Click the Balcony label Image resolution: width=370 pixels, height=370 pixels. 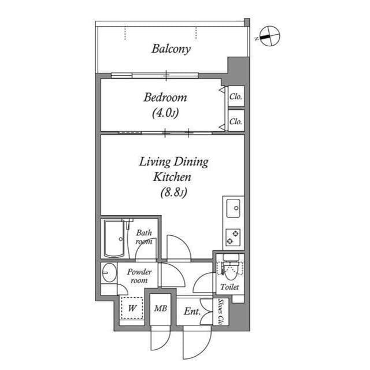point(171,49)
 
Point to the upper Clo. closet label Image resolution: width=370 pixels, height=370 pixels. point(235,97)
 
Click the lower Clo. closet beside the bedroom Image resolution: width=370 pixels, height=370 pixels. point(235,121)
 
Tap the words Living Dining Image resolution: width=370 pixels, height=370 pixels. point(173,162)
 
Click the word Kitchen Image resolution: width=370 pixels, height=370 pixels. point(172,177)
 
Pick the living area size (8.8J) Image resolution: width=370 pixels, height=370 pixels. point(172,193)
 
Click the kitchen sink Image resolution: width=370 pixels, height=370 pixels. point(234,208)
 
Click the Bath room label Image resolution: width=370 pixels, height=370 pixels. point(144,237)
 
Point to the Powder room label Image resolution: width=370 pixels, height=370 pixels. point(139,276)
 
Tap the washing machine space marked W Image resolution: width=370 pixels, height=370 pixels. point(132,308)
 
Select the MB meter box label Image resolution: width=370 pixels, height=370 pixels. point(160,309)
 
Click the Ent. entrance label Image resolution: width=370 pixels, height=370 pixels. point(191,312)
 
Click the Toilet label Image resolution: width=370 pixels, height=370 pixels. point(230,287)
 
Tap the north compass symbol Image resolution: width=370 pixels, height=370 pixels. point(269,36)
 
